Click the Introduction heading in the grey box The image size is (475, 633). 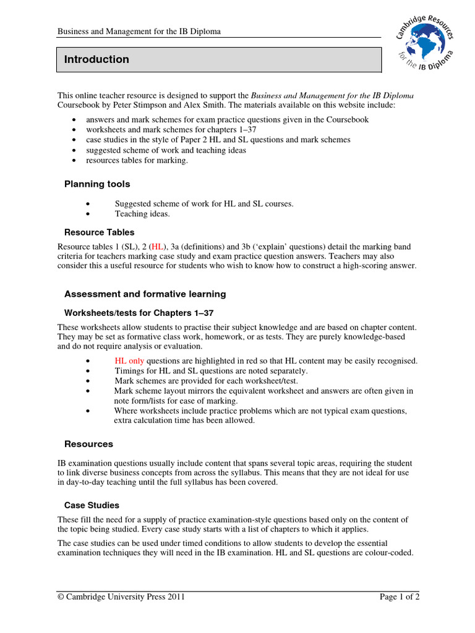coord(97,60)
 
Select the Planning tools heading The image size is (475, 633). coord(98,184)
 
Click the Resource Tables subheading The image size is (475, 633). coord(100,232)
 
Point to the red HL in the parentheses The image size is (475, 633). coord(159,247)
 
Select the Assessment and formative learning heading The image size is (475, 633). coord(145,294)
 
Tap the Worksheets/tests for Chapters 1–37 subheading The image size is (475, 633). coord(139,313)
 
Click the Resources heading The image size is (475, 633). coord(89,444)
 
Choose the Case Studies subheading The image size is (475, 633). coord(92,506)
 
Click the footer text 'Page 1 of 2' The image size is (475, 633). coord(399,597)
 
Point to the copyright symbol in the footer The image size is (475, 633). coord(61,597)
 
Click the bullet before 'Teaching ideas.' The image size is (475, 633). coord(90,215)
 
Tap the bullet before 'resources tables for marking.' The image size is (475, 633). coord(74,161)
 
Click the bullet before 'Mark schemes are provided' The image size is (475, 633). coord(90,381)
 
